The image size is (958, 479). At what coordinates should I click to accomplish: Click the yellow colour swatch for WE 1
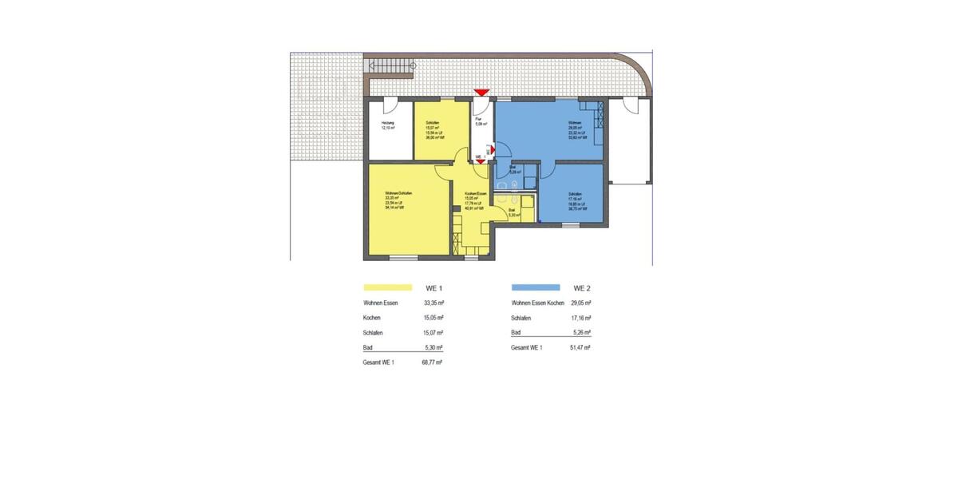[x=387, y=287]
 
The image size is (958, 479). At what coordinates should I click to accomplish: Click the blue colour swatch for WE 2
[x=535, y=287]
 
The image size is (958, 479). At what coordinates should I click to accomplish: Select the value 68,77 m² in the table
[x=432, y=362]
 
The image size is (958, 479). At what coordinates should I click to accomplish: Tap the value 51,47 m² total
[x=580, y=348]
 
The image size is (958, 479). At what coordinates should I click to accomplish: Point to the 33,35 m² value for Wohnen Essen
[x=432, y=303]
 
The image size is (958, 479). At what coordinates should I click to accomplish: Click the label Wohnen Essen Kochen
[x=538, y=303]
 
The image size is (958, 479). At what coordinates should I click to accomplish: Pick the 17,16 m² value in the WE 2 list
[x=580, y=318]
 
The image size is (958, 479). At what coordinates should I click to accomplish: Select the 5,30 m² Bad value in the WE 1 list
[x=432, y=348]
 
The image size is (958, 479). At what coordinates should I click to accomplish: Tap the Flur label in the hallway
[x=477, y=119]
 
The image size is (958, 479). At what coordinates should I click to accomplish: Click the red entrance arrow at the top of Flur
[x=481, y=93]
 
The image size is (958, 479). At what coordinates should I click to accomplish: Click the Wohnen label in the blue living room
[x=574, y=122]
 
